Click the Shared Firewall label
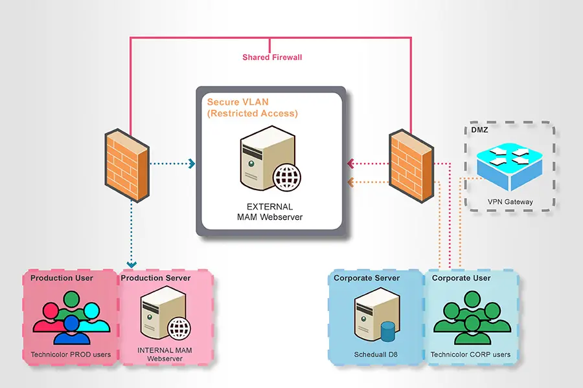(x=272, y=58)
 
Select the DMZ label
(x=480, y=131)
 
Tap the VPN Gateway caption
(x=510, y=202)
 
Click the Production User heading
(x=62, y=278)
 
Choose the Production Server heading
(x=156, y=278)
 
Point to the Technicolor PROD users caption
(x=71, y=354)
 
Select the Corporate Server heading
(x=367, y=278)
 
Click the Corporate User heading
(x=461, y=278)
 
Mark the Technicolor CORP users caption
(x=470, y=354)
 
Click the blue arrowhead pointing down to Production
(x=132, y=264)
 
